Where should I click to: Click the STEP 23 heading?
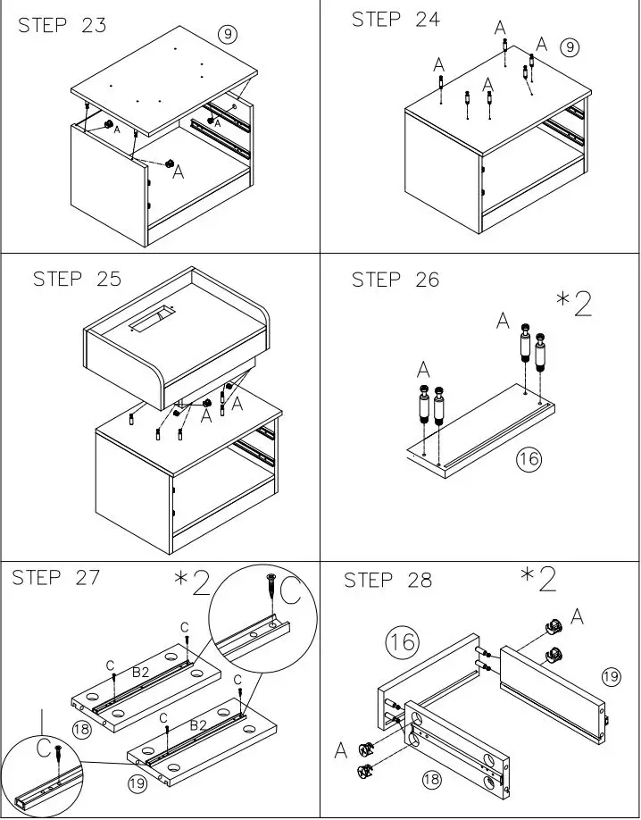click(x=62, y=25)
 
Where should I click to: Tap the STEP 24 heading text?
click(x=395, y=20)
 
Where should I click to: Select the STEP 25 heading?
click(x=77, y=279)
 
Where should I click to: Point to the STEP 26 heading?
click(x=395, y=280)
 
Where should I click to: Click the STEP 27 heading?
click(x=55, y=578)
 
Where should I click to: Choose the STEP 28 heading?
click(x=387, y=581)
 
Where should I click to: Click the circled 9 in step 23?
click(x=229, y=35)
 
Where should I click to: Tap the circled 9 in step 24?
click(x=570, y=46)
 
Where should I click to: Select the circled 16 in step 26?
click(x=529, y=459)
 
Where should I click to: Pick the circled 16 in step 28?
click(x=403, y=641)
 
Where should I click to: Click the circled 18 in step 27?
click(x=82, y=729)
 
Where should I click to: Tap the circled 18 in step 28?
click(x=430, y=780)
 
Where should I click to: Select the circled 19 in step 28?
click(x=611, y=676)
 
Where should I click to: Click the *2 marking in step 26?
click(x=574, y=304)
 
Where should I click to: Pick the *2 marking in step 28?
click(x=539, y=579)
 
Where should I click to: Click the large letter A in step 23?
click(x=178, y=171)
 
